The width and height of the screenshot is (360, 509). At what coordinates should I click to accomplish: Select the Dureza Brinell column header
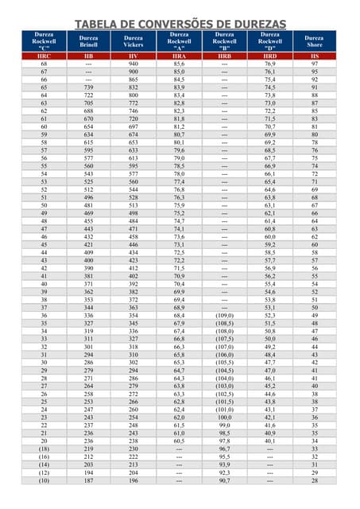point(88,41)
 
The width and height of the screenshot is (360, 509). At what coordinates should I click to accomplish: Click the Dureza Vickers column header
point(134,41)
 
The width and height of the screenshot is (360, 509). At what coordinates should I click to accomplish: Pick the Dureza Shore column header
point(315,41)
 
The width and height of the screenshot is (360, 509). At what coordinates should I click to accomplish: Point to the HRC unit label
point(44,56)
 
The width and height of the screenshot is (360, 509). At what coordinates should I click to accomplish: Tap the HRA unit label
point(179,56)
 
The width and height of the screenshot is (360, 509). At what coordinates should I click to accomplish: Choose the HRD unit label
point(270,56)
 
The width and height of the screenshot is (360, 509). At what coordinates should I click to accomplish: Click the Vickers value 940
point(134,64)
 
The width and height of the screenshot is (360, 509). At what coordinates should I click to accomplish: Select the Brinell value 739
point(88,87)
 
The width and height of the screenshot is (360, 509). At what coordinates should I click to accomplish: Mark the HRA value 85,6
point(179,64)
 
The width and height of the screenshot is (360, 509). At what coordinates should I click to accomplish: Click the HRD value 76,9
point(270,64)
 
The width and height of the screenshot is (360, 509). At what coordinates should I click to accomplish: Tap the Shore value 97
point(315,64)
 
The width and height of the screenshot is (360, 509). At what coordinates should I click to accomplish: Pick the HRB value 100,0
point(225,417)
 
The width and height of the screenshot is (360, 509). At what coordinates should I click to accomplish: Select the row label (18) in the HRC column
point(44,449)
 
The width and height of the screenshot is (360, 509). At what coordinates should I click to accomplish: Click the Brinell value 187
point(88,480)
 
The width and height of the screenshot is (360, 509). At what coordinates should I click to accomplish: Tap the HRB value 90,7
point(225,480)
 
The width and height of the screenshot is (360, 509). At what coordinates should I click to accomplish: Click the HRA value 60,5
point(179,441)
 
